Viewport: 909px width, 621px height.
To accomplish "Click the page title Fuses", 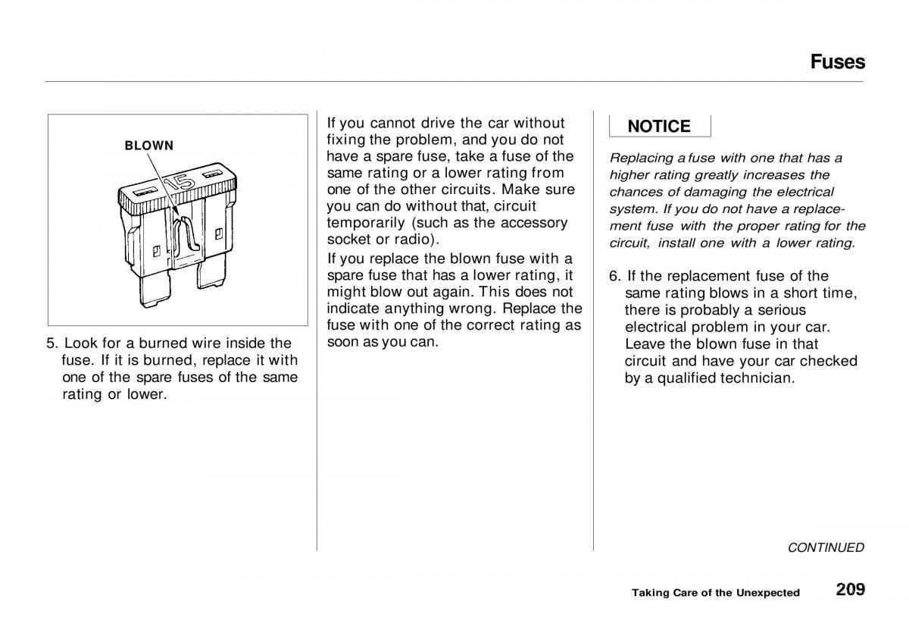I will pos(837,61).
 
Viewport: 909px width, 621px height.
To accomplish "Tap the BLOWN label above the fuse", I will pos(149,146).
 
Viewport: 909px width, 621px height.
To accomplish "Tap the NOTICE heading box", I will pos(659,127).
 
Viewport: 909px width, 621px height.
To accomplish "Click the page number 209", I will pos(851,589).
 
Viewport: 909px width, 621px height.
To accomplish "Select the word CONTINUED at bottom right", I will pos(826,547).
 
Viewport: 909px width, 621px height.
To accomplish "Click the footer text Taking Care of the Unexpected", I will pos(716,592).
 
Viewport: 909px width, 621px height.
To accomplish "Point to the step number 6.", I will pos(614,276).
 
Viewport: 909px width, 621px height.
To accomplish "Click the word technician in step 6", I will pos(757,378).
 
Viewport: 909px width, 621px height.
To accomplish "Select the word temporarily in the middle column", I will pos(363,223).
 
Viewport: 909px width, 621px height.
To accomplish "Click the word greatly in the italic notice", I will pos(700,175).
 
